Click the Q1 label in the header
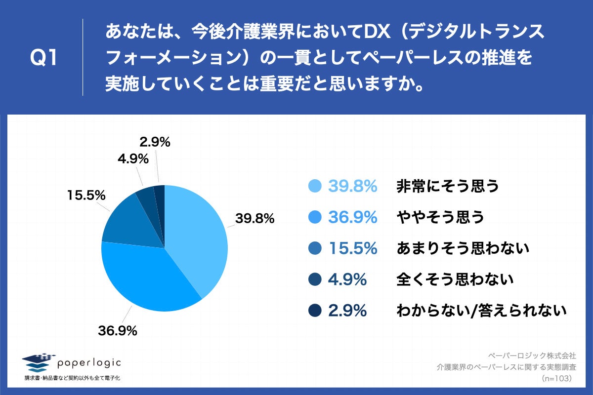click(x=44, y=58)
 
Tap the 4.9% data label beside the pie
click(x=133, y=159)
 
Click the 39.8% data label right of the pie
click(x=254, y=218)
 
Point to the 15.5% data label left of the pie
click(x=86, y=195)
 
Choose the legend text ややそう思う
click(x=440, y=217)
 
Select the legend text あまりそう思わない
click(x=463, y=248)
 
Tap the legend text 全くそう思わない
click(x=455, y=279)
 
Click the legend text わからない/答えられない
click(x=481, y=311)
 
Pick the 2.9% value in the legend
click(x=347, y=311)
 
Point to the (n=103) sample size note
click(x=557, y=378)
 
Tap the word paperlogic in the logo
click(x=89, y=362)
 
